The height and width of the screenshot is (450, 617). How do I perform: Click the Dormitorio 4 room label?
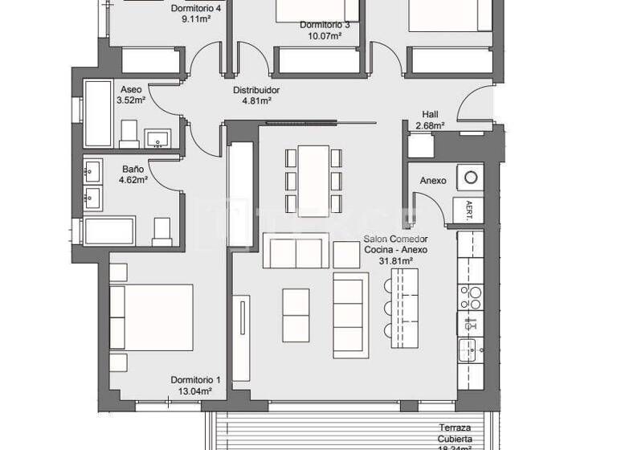pos(196,9)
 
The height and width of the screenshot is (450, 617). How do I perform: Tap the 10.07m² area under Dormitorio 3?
pos(324,35)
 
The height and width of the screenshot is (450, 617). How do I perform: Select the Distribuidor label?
pos(257,91)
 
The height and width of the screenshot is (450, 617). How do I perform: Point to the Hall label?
pos(430,114)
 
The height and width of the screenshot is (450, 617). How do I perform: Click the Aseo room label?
pos(131,89)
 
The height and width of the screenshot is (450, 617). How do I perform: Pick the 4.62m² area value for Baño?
pos(133,181)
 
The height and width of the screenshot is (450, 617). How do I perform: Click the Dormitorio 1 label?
pos(195,380)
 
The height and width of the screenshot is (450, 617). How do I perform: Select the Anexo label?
pos(433,181)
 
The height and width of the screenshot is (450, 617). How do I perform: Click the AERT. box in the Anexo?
pos(469,211)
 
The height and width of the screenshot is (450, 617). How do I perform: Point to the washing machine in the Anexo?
pos(470,177)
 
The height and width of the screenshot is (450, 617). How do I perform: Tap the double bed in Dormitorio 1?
pos(153,317)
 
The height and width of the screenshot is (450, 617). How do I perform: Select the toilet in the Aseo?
pos(129,134)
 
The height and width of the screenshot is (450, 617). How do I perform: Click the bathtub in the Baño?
pos(110,231)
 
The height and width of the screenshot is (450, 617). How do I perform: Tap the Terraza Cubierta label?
pos(454,434)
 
